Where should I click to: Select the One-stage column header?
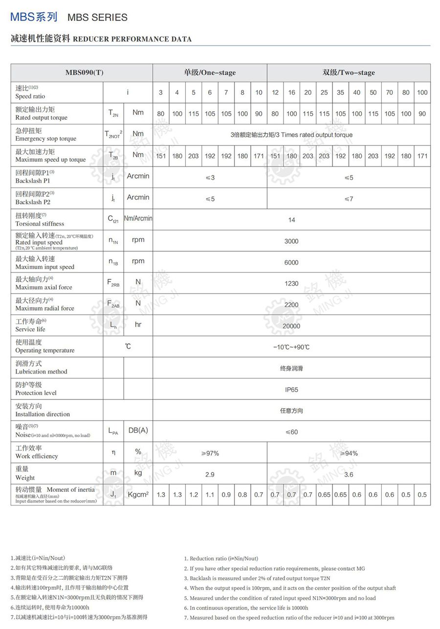click(x=210, y=73)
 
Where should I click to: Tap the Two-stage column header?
click(x=349, y=73)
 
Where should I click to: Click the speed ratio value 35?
click(x=340, y=93)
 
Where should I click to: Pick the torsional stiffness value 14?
click(x=291, y=220)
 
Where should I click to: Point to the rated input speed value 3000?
click(x=291, y=241)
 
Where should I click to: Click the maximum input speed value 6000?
click(x=291, y=263)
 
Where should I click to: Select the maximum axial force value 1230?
click(x=291, y=284)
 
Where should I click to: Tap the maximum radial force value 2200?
click(x=291, y=305)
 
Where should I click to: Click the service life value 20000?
click(x=291, y=326)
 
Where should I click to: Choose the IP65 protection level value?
click(x=291, y=390)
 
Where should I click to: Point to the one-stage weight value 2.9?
click(x=210, y=474)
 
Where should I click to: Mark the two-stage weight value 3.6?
click(x=349, y=474)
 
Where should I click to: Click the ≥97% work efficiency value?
click(x=210, y=453)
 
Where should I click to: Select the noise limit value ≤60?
click(x=291, y=432)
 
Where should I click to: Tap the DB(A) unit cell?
click(x=138, y=430)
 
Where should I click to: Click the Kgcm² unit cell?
click(x=138, y=495)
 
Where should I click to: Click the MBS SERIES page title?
click(x=97, y=18)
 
